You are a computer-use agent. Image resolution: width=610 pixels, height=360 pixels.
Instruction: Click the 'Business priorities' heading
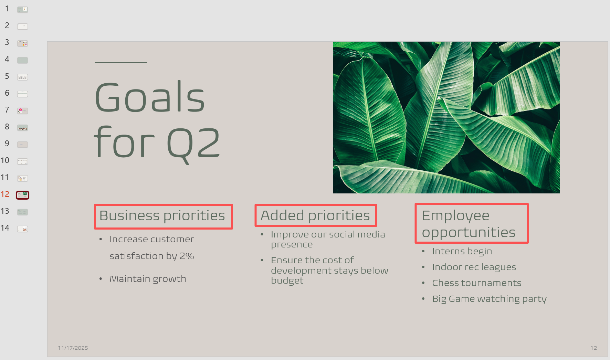pos(162,216)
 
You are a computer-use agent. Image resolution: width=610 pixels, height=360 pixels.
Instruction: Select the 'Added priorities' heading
pos(315,216)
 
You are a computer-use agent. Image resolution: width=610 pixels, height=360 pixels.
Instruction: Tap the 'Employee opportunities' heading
pos(469,224)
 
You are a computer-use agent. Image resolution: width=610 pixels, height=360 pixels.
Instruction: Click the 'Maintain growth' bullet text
pos(148,279)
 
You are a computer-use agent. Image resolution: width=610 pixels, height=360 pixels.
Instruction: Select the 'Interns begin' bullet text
pos(462,252)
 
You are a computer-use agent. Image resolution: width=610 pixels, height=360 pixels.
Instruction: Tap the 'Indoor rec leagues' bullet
pos(474,267)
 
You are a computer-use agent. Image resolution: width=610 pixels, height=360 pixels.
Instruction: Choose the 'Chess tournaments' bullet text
pos(477,283)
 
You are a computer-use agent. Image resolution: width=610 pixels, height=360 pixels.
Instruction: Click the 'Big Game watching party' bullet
pos(489,299)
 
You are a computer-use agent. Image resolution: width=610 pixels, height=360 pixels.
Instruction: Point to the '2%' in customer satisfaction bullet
pos(187,256)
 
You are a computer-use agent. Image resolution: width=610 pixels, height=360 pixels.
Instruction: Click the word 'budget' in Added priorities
pos(287,281)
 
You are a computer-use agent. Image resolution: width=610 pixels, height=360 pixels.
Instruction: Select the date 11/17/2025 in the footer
pos(73,348)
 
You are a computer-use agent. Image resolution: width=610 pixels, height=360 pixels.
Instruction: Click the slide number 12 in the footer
pos(594,348)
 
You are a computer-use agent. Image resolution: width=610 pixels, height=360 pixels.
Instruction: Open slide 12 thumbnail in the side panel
pos(22,195)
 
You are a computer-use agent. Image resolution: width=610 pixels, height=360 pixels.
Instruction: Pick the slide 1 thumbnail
pos(22,10)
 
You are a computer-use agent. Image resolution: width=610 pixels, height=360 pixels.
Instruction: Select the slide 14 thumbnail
pos(22,229)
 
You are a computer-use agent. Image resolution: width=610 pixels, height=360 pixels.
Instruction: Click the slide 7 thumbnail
pos(22,111)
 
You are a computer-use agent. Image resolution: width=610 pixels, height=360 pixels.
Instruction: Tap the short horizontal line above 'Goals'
pos(121,63)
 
